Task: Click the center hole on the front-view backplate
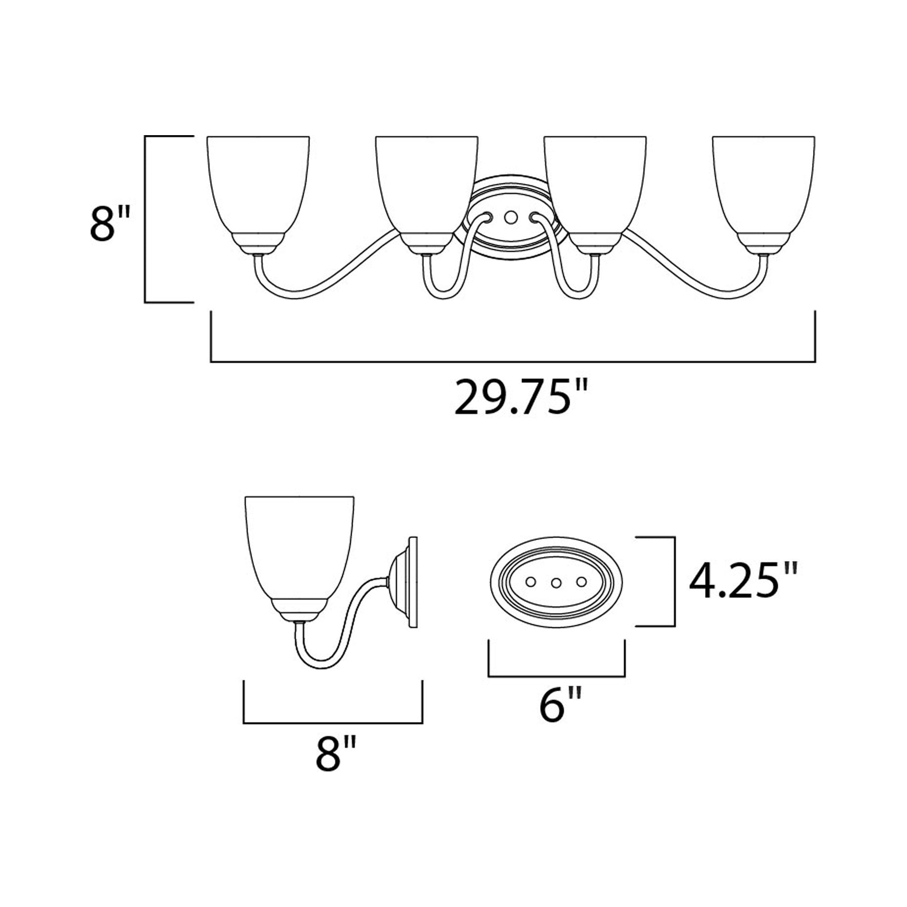pyautogui.click(x=511, y=217)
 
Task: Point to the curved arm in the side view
pyautogui.click(x=347, y=625)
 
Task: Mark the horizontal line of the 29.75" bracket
pyautogui.click(x=513, y=362)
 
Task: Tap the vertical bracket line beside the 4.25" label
pyautogui.click(x=674, y=582)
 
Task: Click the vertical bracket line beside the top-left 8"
pyautogui.click(x=145, y=219)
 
